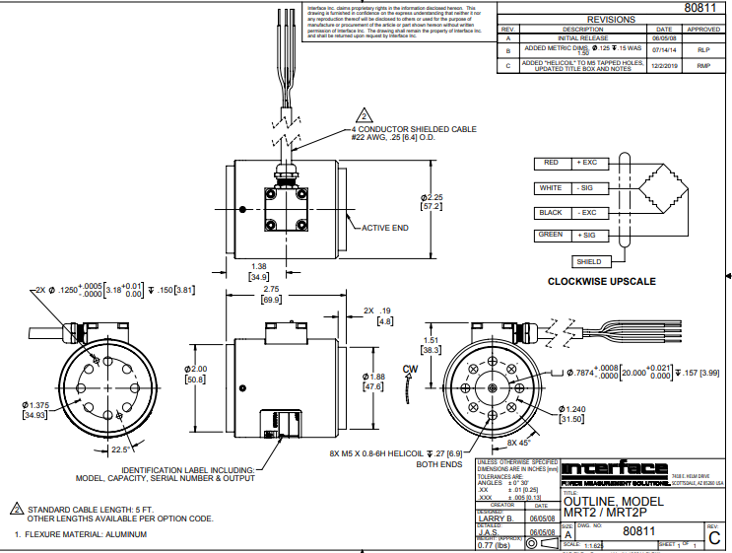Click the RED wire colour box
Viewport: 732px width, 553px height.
[x=551, y=163]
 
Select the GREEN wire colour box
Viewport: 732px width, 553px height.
[x=551, y=236]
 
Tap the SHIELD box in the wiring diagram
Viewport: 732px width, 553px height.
[x=590, y=261]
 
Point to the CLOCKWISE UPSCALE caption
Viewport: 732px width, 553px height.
[x=601, y=282]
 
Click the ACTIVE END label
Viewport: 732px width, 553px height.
[x=385, y=228]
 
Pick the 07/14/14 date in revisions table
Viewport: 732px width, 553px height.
[x=664, y=48]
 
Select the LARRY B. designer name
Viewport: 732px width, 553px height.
[x=499, y=518]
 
